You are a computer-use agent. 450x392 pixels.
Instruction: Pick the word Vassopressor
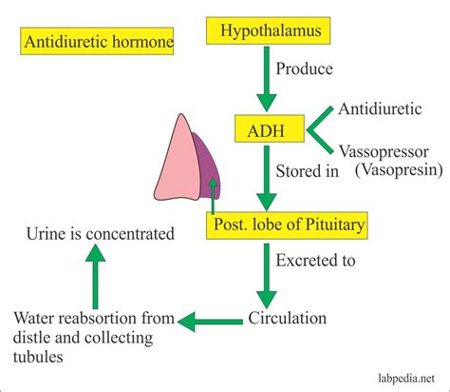tap(382, 150)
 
